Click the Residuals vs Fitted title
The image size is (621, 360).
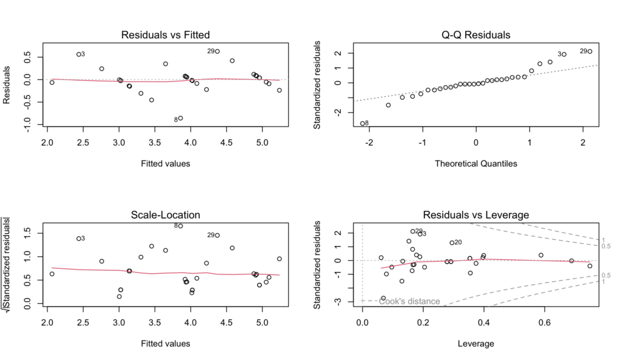pyautogui.click(x=166, y=35)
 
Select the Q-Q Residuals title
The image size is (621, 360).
pyautogui.click(x=476, y=35)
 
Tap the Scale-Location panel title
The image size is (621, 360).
pyautogui.click(x=166, y=215)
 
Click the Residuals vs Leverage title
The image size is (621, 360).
pyautogui.click(x=476, y=215)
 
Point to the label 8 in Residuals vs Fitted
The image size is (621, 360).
pyautogui.click(x=175, y=119)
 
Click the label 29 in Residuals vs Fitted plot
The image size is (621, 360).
pyautogui.click(x=210, y=52)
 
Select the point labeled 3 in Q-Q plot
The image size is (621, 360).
pyautogui.click(x=563, y=54)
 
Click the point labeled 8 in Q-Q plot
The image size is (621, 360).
pyautogui.click(x=363, y=123)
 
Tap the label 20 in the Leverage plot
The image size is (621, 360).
pyautogui.click(x=458, y=242)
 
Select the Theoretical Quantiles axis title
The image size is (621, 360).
pyautogui.click(x=476, y=163)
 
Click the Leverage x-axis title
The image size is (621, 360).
pyautogui.click(x=476, y=344)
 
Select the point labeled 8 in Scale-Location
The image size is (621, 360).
pyautogui.click(x=180, y=225)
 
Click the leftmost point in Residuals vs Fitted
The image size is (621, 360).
pyautogui.click(x=52, y=82)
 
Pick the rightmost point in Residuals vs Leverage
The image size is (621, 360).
pyautogui.click(x=589, y=265)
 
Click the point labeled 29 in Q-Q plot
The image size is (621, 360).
pyautogui.click(x=589, y=52)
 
